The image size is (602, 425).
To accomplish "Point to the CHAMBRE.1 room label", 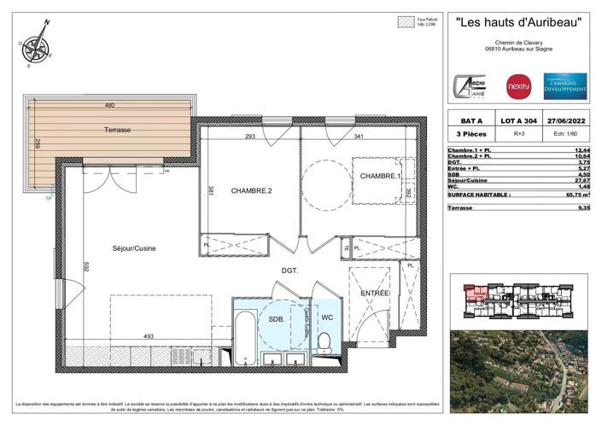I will (379, 176).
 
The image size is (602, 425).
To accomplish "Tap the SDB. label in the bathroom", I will (277, 318).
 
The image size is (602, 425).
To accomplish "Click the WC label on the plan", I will (326, 318).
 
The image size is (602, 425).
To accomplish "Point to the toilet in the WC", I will (324, 343).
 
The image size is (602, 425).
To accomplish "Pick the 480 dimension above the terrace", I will (109, 105).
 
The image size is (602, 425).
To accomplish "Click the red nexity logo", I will (519, 86).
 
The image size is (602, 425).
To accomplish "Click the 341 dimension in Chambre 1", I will (335, 137).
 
